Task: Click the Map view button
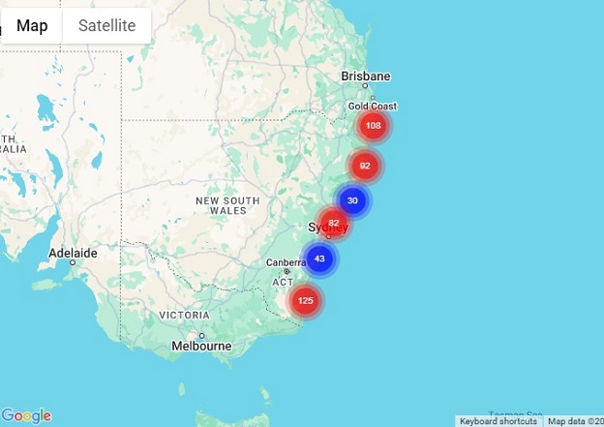[x=32, y=26]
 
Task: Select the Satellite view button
[x=106, y=26]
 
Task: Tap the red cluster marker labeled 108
[x=373, y=125]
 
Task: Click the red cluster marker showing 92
[x=364, y=166]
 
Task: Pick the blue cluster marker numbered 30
[x=352, y=200]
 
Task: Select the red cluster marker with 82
[x=334, y=223]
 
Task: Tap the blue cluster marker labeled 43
[x=319, y=259]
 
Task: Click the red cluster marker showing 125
[x=305, y=300]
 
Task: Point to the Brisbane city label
[x=366, y=76]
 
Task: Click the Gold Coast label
[x=373, y=106]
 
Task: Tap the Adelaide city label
[x=74, y=253]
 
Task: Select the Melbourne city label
[x=200, y=346]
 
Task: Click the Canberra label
[x=287, y=262]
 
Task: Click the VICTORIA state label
[x=184, y=316]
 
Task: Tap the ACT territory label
[x=283, y=282]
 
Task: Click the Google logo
[x=26, y=416]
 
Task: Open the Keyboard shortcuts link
[x=498, y=421]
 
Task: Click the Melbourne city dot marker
[x=202, y=335]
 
